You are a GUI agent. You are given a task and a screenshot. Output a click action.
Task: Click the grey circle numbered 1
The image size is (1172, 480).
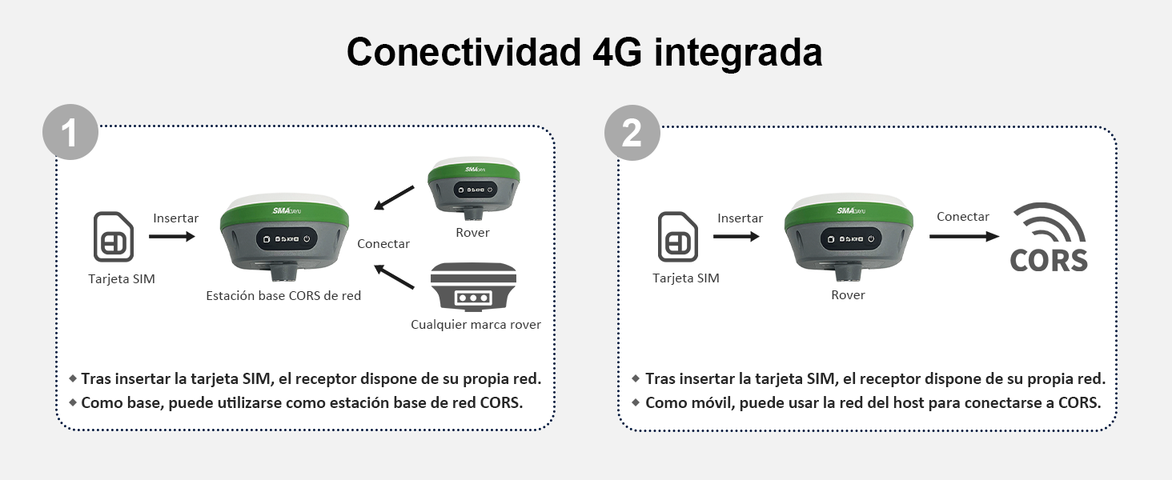70,132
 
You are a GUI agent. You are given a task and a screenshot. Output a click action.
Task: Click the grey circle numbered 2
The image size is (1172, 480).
632,132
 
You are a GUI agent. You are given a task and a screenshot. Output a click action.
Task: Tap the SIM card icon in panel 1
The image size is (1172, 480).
114,237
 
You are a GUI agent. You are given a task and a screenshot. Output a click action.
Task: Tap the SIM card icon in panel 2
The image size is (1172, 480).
678,237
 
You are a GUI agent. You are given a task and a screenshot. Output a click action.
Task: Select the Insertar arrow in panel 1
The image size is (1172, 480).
172,236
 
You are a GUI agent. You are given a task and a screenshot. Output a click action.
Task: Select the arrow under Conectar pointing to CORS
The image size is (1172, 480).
964,236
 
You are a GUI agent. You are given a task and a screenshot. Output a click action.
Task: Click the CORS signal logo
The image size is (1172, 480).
1049,238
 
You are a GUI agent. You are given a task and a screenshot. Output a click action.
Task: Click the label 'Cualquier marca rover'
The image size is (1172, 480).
476,325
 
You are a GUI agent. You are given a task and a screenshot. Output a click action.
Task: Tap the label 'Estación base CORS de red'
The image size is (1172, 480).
283,296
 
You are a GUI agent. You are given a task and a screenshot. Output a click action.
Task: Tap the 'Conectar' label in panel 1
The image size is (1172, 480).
383,244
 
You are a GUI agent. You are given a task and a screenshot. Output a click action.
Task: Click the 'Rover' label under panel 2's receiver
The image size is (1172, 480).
848,295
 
